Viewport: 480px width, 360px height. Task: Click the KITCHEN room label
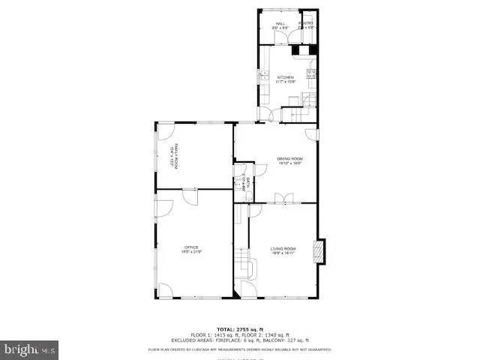point(284,77)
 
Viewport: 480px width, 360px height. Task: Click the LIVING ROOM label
point(283,248)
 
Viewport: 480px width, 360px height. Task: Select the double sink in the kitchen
point(263,76)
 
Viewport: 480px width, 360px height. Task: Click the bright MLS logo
point(30,349)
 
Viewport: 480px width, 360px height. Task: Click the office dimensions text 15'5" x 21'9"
point(191,251)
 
